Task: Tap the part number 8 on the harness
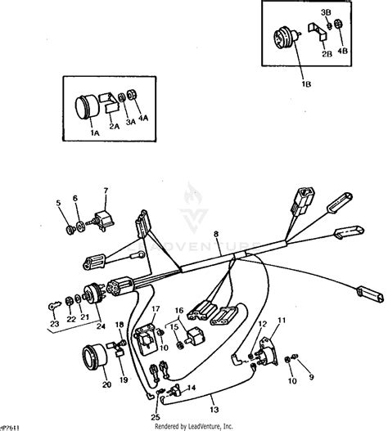point(215,235)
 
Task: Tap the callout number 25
point(156,395)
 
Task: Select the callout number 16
point(180,311)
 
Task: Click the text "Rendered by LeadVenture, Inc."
point(193,425)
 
